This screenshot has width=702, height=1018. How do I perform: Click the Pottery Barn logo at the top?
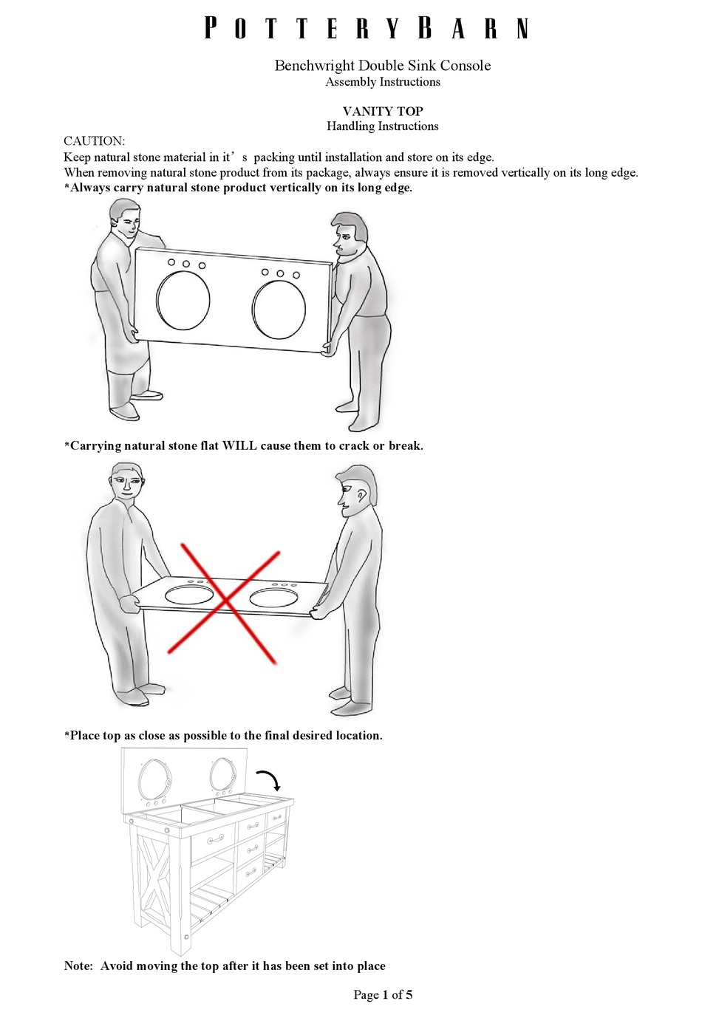[x=367, y=28]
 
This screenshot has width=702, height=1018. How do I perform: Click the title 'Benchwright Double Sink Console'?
[x=382, y=65]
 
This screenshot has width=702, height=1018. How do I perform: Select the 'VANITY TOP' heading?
[x=382, y=111]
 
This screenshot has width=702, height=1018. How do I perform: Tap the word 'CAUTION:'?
[x=94, y=141]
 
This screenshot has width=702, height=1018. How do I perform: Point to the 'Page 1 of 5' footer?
[x=382, y=994]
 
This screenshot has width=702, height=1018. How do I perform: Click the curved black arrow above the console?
[x=267, y=779]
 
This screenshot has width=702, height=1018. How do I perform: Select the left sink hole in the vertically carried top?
[x=183, y=301]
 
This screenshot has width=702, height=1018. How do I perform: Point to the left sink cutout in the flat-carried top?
[x=189, y=595]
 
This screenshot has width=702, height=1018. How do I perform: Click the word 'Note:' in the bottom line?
[x=78, y=966]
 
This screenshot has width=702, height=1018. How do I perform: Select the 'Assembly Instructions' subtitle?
[x=382, y=82]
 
